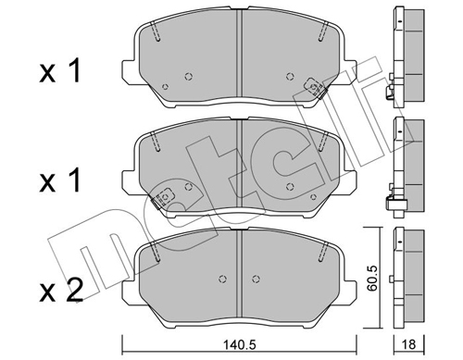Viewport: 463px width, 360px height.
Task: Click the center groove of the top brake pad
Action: coord(240,56)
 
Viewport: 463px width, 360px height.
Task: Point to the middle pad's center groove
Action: coord(240,167)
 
